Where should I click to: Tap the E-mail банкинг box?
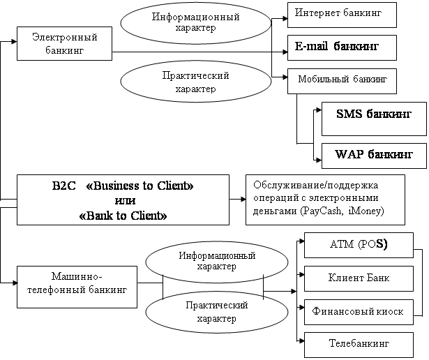point(341,47)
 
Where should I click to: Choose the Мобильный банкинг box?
point(341,80)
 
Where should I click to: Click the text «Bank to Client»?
point(123,216)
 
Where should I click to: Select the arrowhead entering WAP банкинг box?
point(318,144)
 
